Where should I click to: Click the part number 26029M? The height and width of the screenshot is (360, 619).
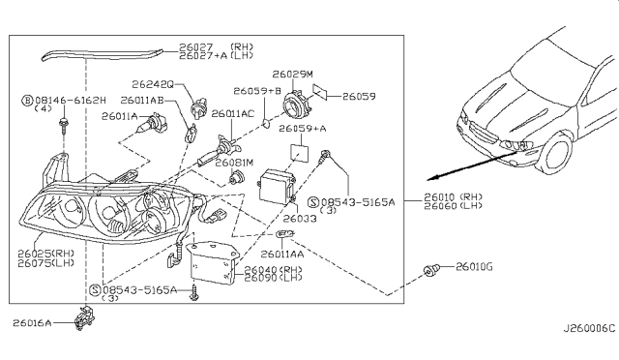point(292,75)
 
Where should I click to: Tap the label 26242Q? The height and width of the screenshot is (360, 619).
point(153,84)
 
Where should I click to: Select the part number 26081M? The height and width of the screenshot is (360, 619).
point(234,163)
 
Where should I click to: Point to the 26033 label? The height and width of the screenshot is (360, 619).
point(300,219)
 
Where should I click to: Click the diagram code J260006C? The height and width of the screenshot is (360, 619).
point(589,328)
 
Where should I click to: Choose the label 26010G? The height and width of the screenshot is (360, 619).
point(474,267)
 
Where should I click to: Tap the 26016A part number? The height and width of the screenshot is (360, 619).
point(32,323)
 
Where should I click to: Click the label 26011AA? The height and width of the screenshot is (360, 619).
point(281,255)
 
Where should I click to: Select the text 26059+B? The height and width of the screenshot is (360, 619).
point(257,91)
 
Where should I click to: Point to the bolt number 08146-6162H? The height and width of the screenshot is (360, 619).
point(71,101)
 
